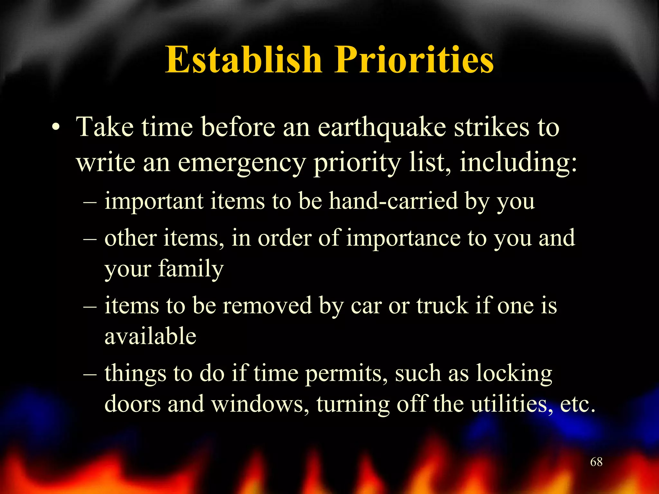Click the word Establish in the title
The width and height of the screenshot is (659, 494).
click(244, 59)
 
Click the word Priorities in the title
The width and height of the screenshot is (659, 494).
click(414, 59)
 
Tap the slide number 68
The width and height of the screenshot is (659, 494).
click(596, 462)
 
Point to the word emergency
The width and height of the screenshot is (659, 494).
click(241, 163)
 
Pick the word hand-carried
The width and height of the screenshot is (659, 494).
click(393, 201)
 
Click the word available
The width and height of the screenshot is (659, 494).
click(150, 336)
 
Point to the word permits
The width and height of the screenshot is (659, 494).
click(346, 374)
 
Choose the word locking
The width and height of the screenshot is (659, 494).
click(514, 374)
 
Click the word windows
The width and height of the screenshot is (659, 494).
click(257, 404)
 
